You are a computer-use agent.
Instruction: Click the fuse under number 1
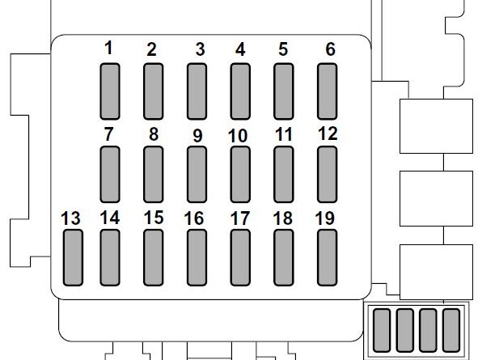tap(110, 91)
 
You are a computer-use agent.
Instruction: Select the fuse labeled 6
tap(327, 91)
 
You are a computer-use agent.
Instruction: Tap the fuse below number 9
tap(197, 175)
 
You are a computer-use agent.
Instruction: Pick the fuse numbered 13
tap(73, 258)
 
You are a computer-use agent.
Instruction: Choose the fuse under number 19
tap(327, 258)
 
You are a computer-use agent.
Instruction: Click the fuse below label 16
tap(197, 258)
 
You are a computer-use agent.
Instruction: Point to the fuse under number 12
tap(327, 175)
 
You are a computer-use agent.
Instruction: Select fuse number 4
tap(240, 91)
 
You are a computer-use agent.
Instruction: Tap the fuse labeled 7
tap(110, 175)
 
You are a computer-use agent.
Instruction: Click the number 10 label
tap(238, 136)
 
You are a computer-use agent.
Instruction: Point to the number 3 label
tap(200, 49)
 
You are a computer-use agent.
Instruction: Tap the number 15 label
tap(154, 218)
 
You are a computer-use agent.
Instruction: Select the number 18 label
tap(283, 218)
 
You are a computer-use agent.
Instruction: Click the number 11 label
tap(284, 135)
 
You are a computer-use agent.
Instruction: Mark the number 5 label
tap(283, 49)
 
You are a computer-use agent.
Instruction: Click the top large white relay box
tap(436, 126)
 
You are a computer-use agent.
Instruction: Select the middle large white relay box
tap(436, 198)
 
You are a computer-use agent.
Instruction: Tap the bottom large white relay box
tap(436, 272)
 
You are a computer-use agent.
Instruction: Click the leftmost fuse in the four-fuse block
tap(382, 330)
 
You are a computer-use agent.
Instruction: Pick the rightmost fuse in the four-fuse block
tap(451, 330)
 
